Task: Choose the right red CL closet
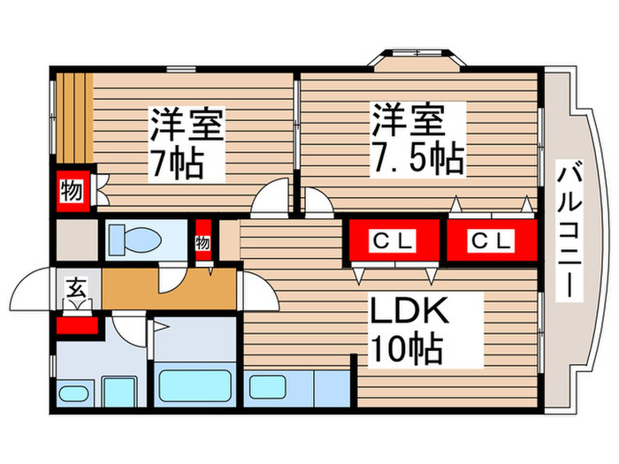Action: (489, 240)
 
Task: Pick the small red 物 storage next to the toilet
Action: (203, 240)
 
